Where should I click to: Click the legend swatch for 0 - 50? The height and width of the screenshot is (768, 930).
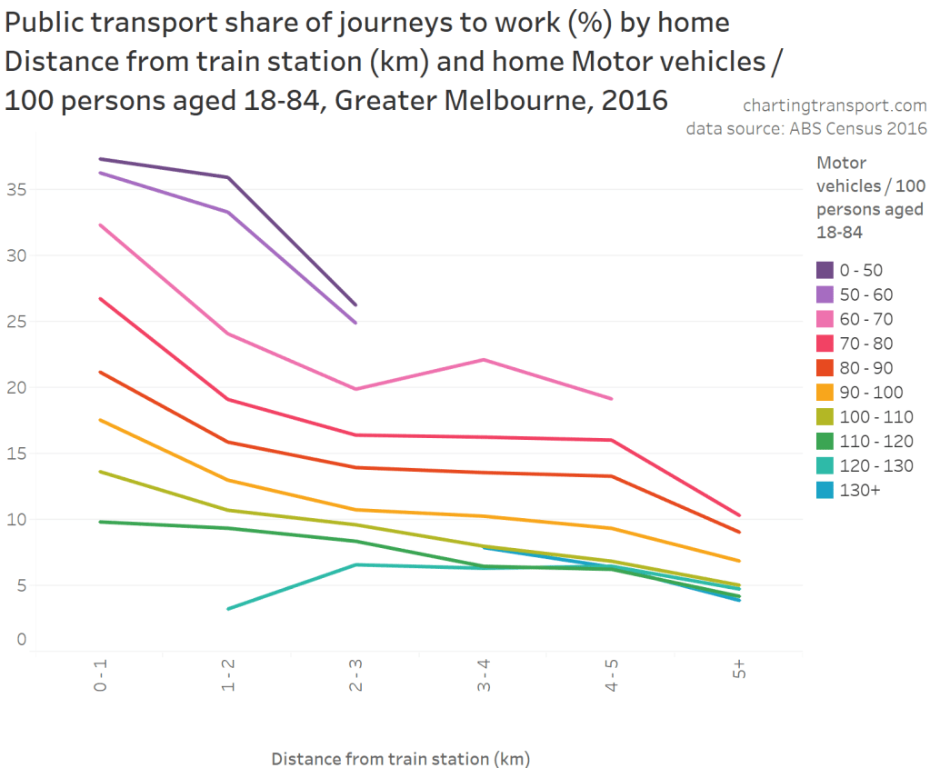825,270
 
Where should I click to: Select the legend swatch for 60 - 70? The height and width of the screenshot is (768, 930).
825,319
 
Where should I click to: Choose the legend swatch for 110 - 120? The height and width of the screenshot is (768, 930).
825,442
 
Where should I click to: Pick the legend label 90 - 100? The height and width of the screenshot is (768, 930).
870,393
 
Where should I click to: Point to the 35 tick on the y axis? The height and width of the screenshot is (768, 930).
15,190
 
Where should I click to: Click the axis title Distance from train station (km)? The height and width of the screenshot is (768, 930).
400,758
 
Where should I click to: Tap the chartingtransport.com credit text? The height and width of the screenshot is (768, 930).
835,106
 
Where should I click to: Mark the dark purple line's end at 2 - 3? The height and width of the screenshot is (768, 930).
355,304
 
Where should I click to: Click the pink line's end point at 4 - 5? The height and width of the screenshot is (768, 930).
612,399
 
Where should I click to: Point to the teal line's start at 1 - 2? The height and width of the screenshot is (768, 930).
228,608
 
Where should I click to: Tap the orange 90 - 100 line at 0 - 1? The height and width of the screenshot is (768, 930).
101,420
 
